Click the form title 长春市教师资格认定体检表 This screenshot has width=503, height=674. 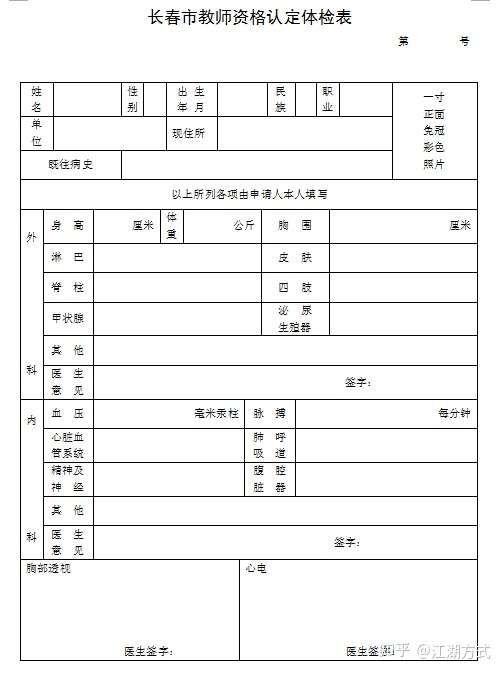click(250, 17)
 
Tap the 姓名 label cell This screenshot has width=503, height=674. click(36, 98)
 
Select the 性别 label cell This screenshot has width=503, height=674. click(132, 98)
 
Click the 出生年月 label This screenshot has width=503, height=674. click(191, 98)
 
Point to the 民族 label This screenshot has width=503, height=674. click(280, 98)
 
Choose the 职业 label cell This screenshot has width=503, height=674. click(327, 98)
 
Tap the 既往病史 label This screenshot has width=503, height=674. click(70, 164)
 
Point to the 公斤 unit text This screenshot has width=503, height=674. click(244, 226)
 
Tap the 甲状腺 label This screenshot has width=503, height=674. click(68, 318)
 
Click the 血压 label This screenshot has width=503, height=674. click(68, 412)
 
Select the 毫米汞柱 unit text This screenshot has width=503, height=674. click(217, 412)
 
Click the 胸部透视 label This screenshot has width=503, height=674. click(49, 569)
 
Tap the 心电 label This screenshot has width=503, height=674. click(255, 569)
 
